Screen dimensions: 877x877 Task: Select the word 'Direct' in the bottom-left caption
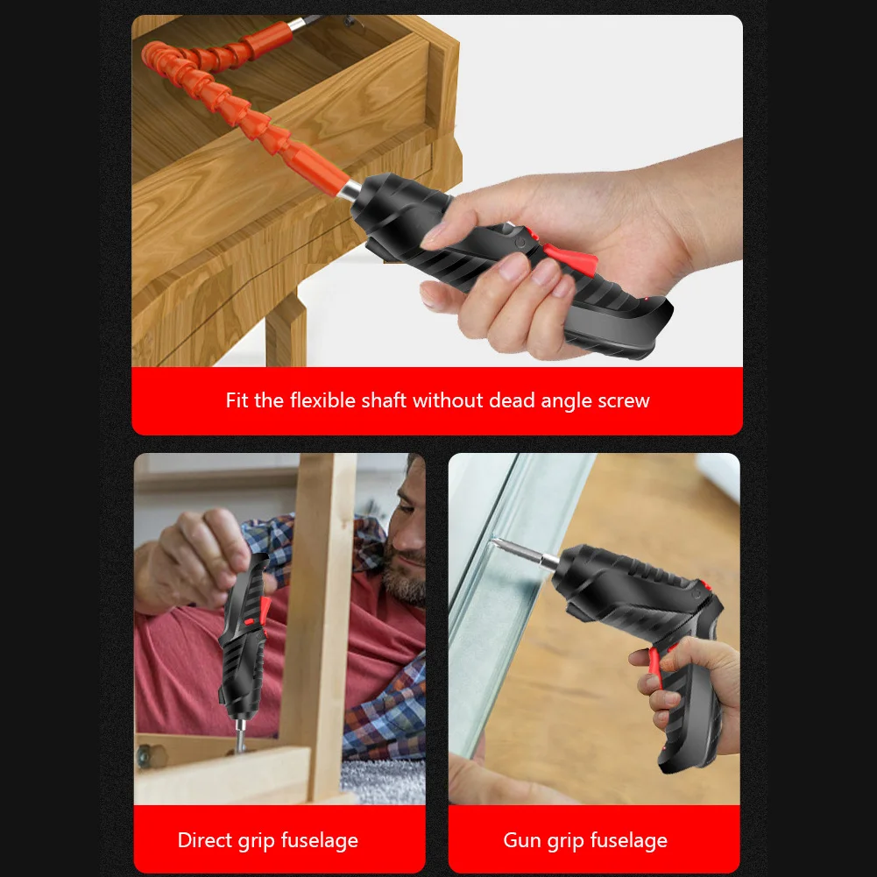tap(207, 841)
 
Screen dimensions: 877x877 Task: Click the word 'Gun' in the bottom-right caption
tap(522, 841)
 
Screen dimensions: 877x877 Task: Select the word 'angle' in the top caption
tap(567, 401)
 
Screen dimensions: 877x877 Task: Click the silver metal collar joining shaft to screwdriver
tap(351, 192)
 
